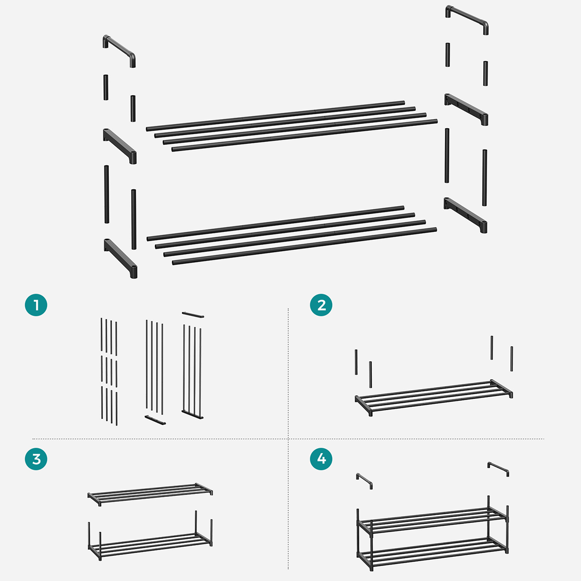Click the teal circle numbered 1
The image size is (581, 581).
(x=36, y=305)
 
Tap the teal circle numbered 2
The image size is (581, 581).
(x=321, y=305)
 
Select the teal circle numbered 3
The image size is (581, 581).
(x=36, y=459)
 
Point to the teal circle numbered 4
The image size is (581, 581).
(x=321, y=459)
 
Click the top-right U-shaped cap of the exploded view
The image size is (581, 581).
(x=467, y=16)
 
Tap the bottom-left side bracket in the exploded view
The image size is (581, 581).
(x=121, y=258)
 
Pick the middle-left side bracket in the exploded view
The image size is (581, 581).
(x=120, y=146)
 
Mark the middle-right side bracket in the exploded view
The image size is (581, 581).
(x=466, y=109)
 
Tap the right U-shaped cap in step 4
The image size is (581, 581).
(x=498, y=468)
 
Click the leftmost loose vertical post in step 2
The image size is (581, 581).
(x=356, y=362)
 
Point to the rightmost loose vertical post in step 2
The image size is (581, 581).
(x=512, y=359)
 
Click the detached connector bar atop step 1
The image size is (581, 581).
(x=193, y=315)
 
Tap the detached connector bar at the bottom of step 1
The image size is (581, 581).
(x=155, y=420)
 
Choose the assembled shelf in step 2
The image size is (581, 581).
(x=434, y=397)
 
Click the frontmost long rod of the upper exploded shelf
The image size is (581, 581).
(x=305, y=136)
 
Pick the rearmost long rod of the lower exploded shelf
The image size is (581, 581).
(x=275, y=223)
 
